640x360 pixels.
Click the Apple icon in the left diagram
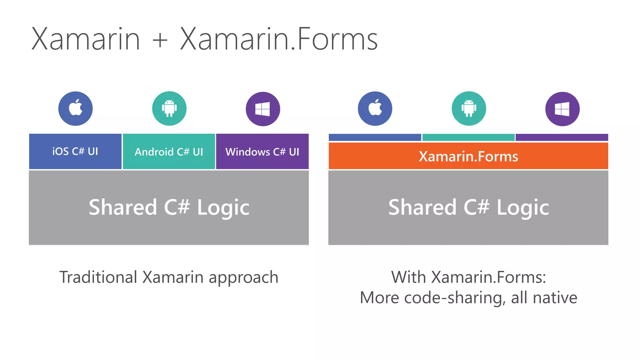click(75, 108)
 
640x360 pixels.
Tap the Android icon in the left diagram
click(169, 108)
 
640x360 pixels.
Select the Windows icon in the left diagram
click(263, 109)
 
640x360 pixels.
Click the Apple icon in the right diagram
click(375, 108)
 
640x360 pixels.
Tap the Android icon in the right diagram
click(469, 108)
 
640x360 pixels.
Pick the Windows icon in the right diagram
click(562, 109)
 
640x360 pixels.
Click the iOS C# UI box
click(75, 152)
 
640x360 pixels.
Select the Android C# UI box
click(169, 152)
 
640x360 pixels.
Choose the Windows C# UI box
click(262, 152)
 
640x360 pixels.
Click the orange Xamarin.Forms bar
click(468, 156)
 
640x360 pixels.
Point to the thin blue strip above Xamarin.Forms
click(375, 137)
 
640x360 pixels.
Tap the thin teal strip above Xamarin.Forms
click(468, 137)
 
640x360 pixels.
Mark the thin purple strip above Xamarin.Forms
click(562, 137)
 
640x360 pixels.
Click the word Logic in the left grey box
click(223, 208)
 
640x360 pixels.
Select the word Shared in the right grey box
click(422, 207)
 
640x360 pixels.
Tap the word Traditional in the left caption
click(98, 277)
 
